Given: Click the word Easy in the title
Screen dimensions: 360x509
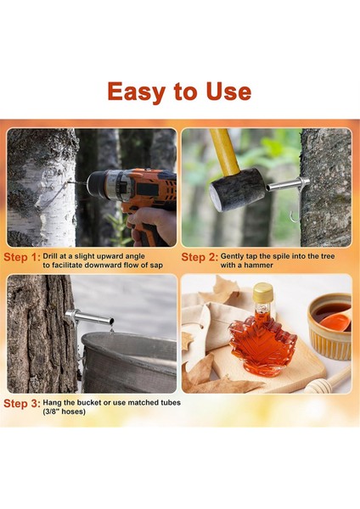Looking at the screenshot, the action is [x=137, y=92].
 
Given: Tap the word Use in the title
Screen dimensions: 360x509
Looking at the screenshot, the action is [x=228, y=92].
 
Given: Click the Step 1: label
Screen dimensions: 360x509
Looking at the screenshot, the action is [x=22, y=257].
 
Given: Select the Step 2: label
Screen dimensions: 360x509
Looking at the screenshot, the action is [x=200, y=257].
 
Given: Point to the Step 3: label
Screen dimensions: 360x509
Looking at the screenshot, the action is [x=22, y=404].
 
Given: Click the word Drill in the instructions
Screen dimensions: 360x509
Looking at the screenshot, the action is [x=50, y=256].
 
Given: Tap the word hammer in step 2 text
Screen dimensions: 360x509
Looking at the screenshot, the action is [x=259, y=266].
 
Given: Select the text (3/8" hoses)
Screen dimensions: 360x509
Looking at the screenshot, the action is [x=64, y=411].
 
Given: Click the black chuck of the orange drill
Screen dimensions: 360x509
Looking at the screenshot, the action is [x=97, y=184].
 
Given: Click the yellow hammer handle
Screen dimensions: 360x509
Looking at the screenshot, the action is [x=224, y=152].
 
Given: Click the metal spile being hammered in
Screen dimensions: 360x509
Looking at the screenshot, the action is [x=288, y=184].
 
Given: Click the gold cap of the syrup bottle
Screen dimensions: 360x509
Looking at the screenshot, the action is [x=263, y=292].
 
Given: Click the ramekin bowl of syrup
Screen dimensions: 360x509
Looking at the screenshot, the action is [x=329, y=326].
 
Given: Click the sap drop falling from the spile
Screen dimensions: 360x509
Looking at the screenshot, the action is [x=112, y=331].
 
